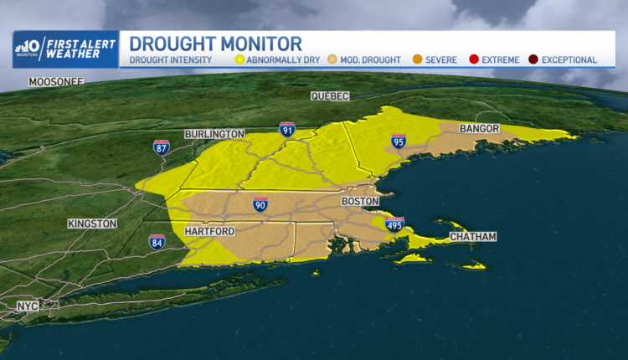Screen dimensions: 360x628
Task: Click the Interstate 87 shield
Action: click(x=162, y=147)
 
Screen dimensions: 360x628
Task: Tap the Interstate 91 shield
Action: click(x=286, y=129)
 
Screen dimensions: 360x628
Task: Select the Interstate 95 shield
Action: click(x=399, y=141)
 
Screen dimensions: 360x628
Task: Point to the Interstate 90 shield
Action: click(x=261, y=204)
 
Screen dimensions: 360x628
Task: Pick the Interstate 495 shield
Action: click(x=394, y=224)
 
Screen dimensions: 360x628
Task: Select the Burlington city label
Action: click(x=215, y=134)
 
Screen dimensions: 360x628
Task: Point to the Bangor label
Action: click(x=480, y=128)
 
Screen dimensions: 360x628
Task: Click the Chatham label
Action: click(x=473, y=237)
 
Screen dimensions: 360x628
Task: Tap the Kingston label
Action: click(x=92, y=224)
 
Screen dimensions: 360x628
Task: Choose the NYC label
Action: click(x=28, y=306)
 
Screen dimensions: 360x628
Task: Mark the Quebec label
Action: click(x=329, y=96)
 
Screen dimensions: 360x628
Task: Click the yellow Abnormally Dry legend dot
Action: click(x=239, y=60)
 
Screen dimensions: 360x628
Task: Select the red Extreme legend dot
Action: click(x=473, y=60)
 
